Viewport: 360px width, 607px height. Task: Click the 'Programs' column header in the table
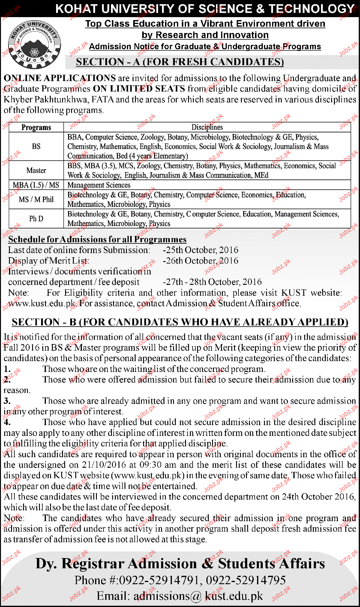[36, 127]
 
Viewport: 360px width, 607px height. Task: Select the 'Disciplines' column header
[207, 127]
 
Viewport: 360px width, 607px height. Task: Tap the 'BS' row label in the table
[36, 146]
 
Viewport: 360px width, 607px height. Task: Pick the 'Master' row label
[36, 171]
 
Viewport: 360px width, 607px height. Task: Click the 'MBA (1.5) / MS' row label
[36, 185]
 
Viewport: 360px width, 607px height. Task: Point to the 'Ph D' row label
[36, 219]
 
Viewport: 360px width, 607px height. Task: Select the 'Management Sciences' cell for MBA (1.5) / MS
[99, 185]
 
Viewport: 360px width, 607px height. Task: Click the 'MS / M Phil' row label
[36, 199]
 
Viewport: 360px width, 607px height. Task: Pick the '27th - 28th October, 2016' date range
[212, 282]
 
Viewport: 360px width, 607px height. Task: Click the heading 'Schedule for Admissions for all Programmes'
[97, 239]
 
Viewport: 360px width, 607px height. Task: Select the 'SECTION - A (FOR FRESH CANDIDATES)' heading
[180, 62]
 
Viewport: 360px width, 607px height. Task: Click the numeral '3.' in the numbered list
[7, 401]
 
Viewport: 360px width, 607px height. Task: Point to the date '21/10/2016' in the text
[104, 465]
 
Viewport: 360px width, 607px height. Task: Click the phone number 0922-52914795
[246, 580]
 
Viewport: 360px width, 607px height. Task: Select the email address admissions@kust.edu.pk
[180, 596]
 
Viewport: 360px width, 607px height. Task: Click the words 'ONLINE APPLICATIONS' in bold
[60, 78]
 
